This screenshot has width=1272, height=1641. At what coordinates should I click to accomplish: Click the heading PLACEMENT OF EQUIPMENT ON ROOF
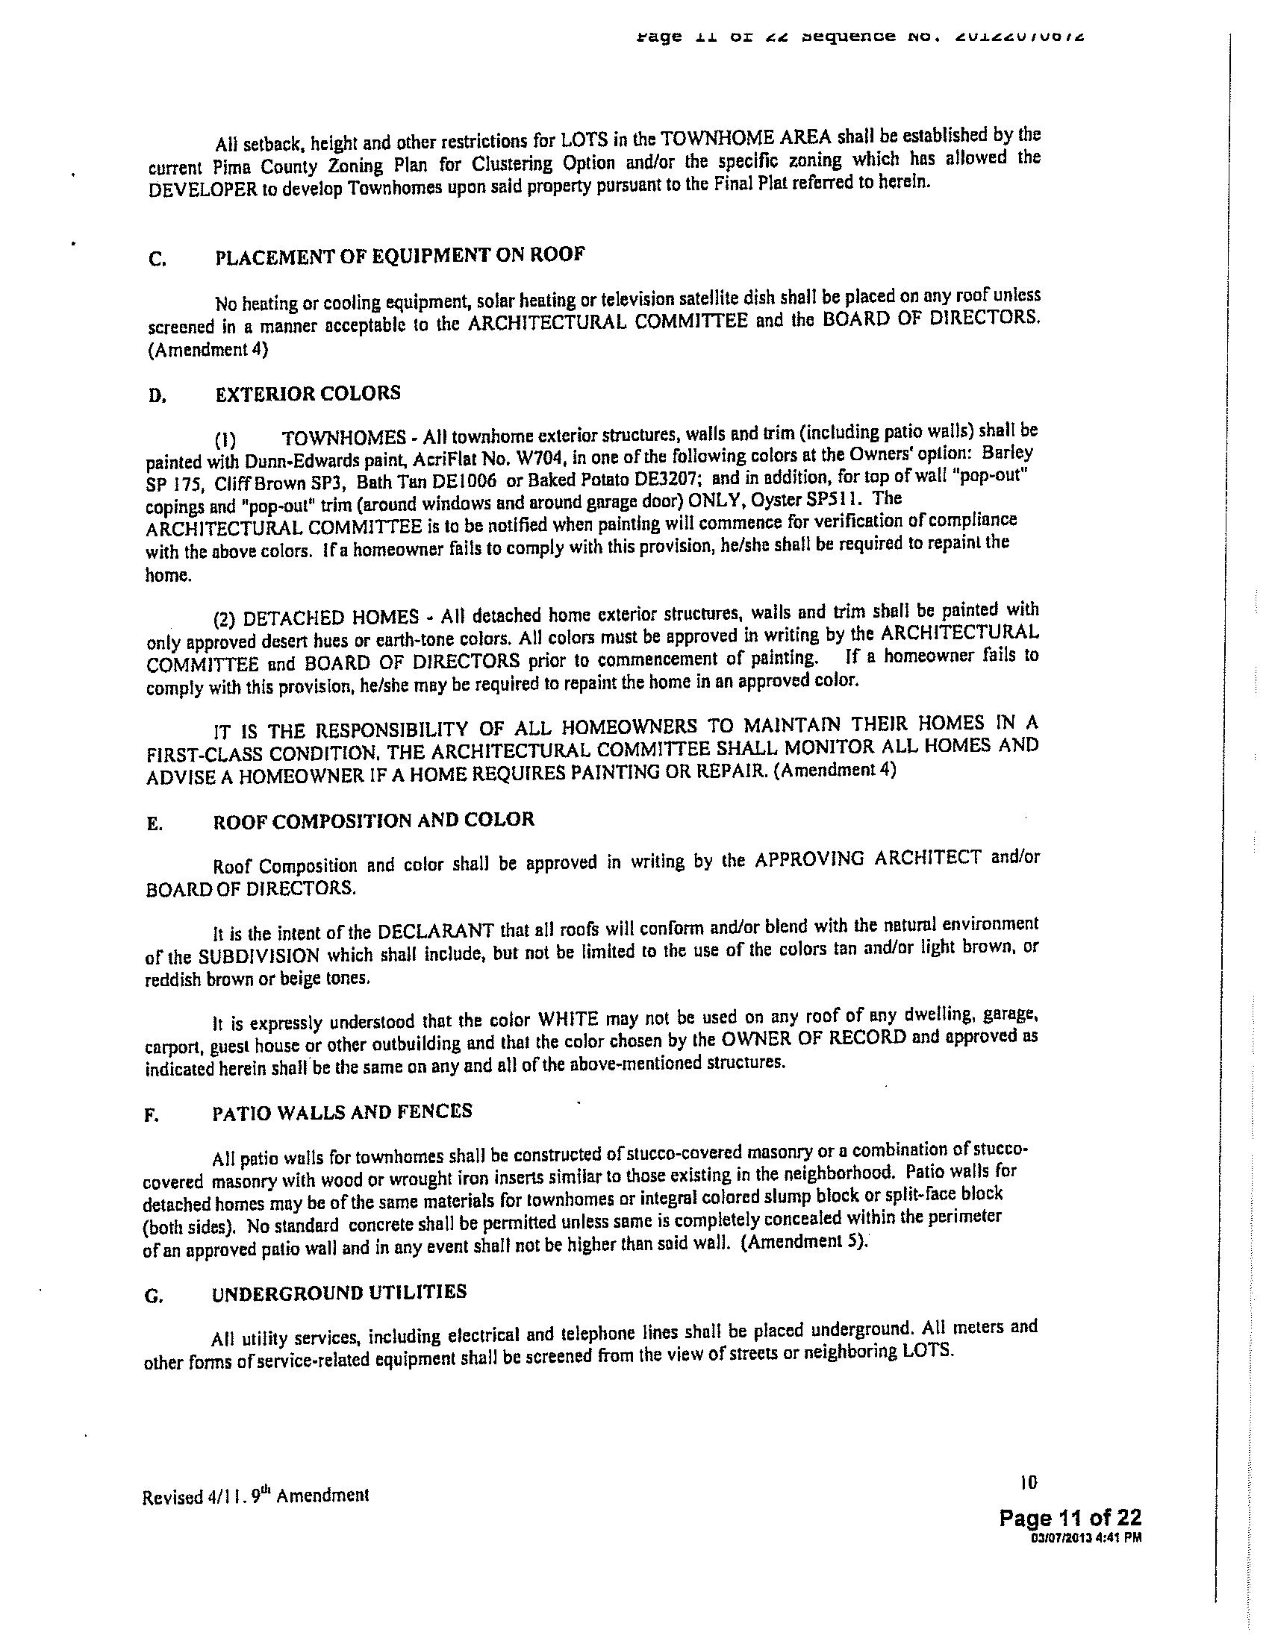tap(399, 255)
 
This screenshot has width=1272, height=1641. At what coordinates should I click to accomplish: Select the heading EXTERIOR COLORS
tap(308, 394)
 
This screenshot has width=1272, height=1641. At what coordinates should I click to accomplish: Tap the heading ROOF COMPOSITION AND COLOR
tap(374, 820)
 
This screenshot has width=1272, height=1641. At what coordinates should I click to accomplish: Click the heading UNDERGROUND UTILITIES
tap(339, 1293)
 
